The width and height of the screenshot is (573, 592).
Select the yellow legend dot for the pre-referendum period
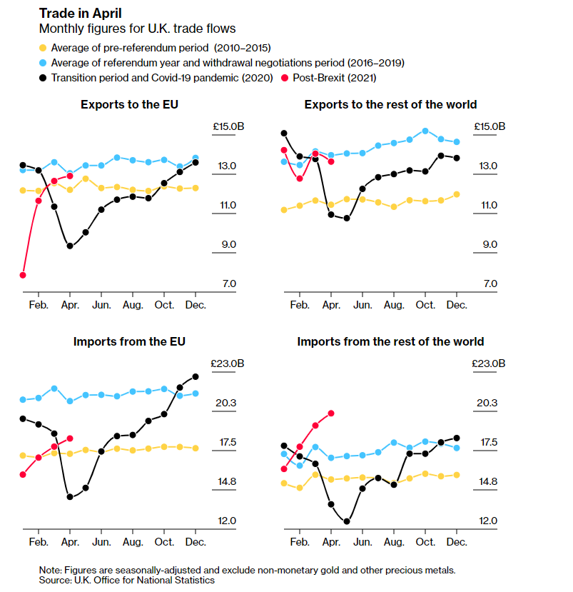pos(43,47)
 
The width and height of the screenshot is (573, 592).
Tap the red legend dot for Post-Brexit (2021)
pos(285,78)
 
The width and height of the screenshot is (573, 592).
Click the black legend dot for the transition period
pos(43,78)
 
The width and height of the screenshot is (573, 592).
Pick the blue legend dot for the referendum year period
pos(43,62)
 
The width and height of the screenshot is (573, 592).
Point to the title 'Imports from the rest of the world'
pos(390,341)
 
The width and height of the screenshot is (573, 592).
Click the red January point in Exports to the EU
pos(23,275)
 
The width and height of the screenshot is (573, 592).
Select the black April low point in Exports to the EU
pos(70,246)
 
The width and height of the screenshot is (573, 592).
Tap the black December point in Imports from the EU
pos(196,376)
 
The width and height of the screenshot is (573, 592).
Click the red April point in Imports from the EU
pos(70,438)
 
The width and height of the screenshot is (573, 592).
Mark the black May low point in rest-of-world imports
pos(347,521)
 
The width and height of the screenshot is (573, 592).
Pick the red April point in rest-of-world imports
pos(331,413)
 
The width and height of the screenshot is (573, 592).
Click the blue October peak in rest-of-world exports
pos(425,131)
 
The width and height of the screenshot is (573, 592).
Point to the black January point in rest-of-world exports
pos(284,133)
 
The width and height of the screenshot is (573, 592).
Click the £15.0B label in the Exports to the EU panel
pos(228,126)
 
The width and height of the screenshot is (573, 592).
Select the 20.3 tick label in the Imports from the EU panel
pos(225,403)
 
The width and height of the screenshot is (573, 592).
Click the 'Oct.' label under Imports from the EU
pos(164,542)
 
